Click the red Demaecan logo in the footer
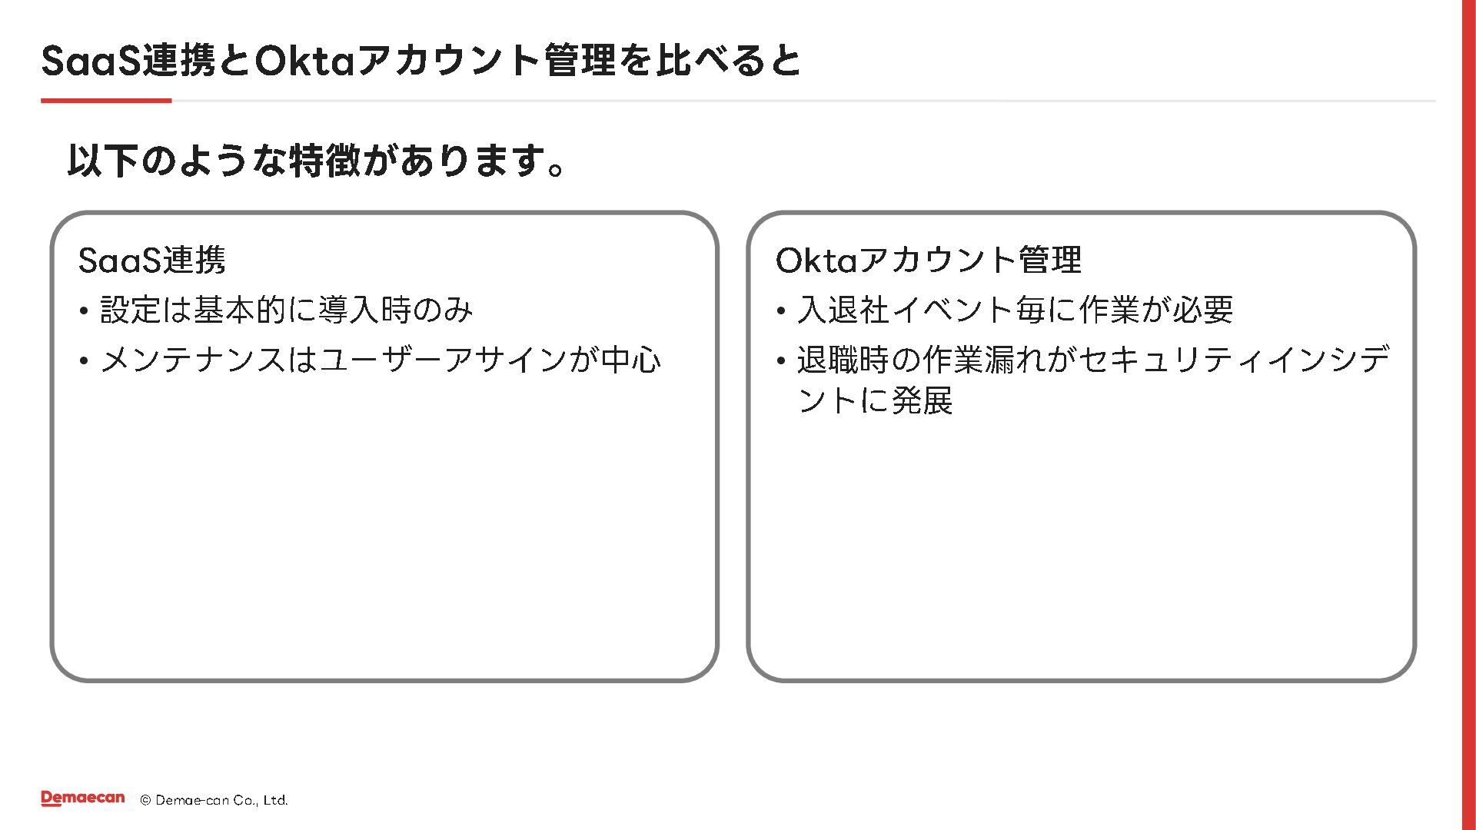coord(82,798)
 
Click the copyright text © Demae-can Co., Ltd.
coord(214,800)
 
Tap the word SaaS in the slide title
coord(91,61)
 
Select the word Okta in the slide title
coord(304,61)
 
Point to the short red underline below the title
coord(106,101)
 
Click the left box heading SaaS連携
coord(152,260)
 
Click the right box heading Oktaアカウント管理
coord(929,260)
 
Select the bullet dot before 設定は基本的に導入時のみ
coord(83,312)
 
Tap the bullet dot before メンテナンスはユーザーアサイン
coord(83,361)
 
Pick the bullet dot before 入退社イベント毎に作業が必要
coord(780,312)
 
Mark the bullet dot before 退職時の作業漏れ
coord(780,361)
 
